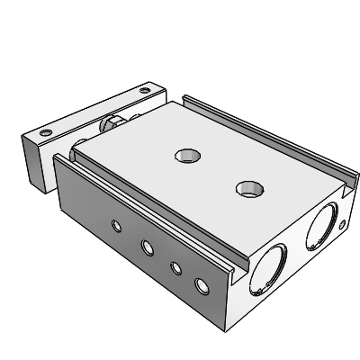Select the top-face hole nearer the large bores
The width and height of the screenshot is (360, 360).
click(247, 188)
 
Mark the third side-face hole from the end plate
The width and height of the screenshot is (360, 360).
click(175, 266)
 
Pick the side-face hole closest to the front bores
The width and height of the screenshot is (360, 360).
click(202, 287)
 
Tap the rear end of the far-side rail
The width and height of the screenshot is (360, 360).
click(186, 99)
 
